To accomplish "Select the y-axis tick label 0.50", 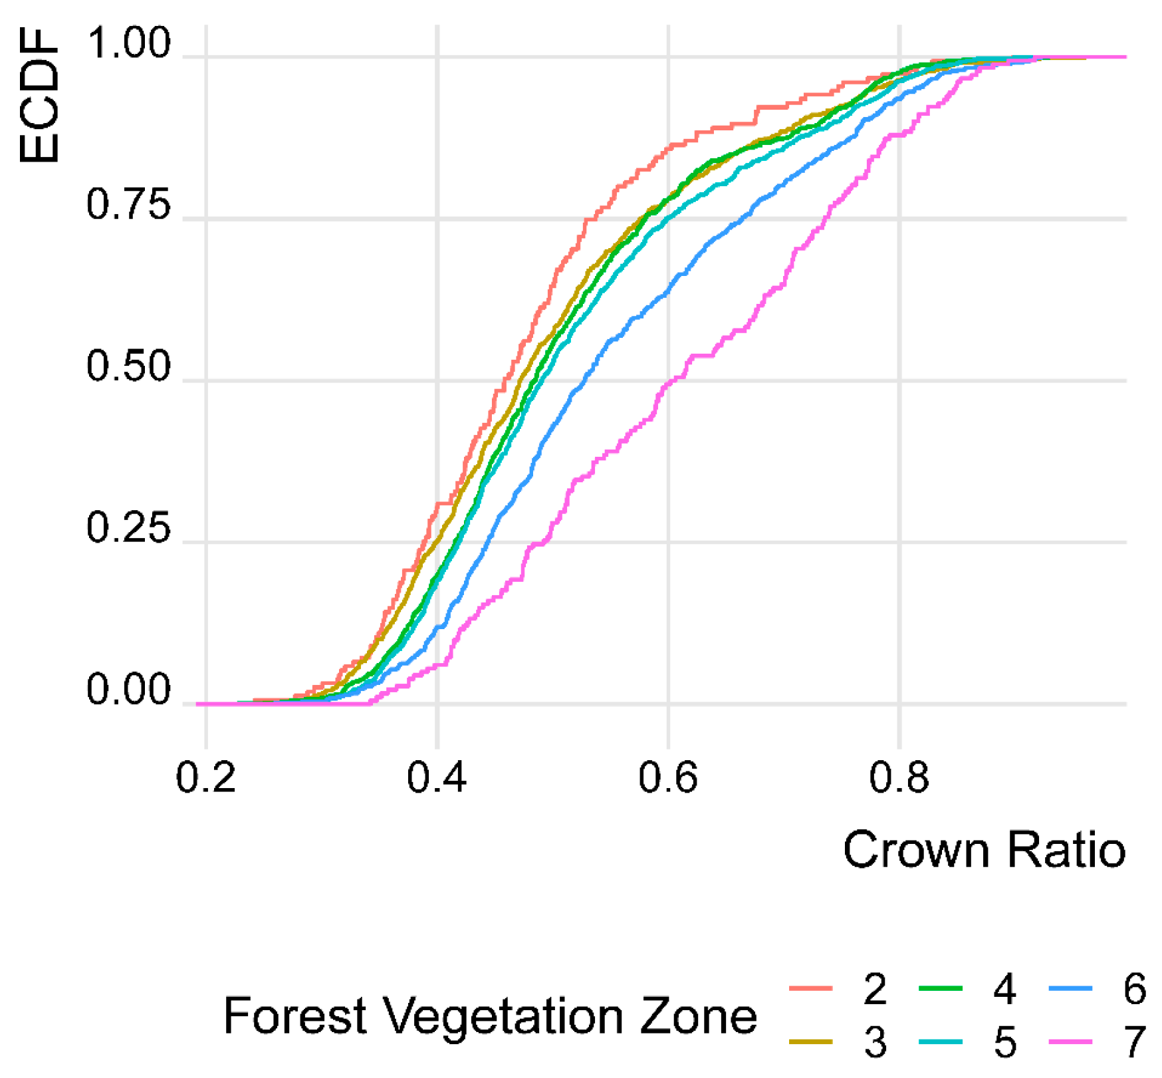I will (x=128, y=367).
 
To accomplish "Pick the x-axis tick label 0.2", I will (x=205, y=777).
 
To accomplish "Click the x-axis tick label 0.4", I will (x=437, y=777).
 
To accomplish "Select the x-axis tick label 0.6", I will (x=668, y=777).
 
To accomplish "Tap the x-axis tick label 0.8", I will (x=899, y=777).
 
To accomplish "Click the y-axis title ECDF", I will (x=39, y=96).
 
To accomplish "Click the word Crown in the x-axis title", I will (x=918, y=850).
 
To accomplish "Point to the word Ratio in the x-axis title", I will (x=1066, y=850).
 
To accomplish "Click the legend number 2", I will (x=875, y=989).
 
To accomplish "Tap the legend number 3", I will (x=875, y=1042).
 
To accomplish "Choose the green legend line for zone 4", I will (x=941, y=989).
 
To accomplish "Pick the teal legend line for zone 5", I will (x=941, y=1041).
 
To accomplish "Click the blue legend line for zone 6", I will (x=1071, y=989).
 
